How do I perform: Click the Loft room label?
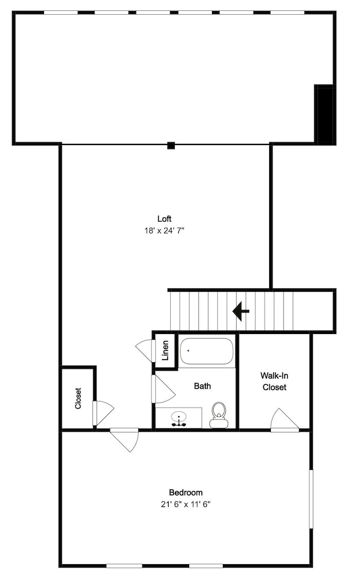165,219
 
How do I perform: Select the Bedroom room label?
186,493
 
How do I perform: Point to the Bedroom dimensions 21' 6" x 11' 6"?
186,504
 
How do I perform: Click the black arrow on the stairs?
241,311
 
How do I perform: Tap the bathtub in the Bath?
206,351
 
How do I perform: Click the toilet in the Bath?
219,415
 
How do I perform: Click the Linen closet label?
165,351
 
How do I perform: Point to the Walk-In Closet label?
274,381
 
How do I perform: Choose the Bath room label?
202,386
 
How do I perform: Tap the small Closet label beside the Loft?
78,399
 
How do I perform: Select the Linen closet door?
146,351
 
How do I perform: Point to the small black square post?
171,145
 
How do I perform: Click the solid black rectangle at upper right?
325,115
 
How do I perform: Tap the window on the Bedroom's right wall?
311,499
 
